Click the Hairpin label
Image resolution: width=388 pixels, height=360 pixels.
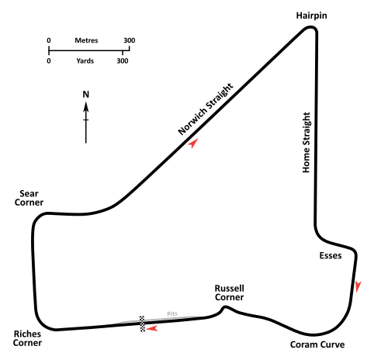coord(311,16)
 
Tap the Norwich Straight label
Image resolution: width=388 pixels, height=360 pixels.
coord(206,109)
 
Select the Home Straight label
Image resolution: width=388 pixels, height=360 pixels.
coord(307,143)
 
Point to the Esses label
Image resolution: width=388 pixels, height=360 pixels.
coord(331,255)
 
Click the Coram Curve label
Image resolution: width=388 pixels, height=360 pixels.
coord(317,344)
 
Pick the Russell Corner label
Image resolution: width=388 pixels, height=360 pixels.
coord(230,292)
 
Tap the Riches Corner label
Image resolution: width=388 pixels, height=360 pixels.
coord(27,338)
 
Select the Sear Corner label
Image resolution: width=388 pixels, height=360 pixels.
coord(29,198)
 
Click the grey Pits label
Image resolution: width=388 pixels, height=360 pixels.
coord(172,313)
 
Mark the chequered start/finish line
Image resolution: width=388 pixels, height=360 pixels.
coord(142,324)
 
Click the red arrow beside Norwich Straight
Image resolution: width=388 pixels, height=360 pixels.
coord(193,143)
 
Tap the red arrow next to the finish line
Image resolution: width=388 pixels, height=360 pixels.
coord(152,329)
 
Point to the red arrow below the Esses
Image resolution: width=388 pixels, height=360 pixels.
coord(358,286)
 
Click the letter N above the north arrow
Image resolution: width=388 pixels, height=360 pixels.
coord(86,95)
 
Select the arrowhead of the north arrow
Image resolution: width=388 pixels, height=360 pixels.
coord(86,107)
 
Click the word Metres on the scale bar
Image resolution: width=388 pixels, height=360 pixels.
coord(86,40)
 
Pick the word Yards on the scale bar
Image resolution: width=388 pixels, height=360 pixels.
coord(85,61)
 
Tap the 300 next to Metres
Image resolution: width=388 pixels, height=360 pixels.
coord(130,40)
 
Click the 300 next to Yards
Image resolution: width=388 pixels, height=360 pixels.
coord(123,61)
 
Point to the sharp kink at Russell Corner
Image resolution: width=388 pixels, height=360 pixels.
coord(225,307)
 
